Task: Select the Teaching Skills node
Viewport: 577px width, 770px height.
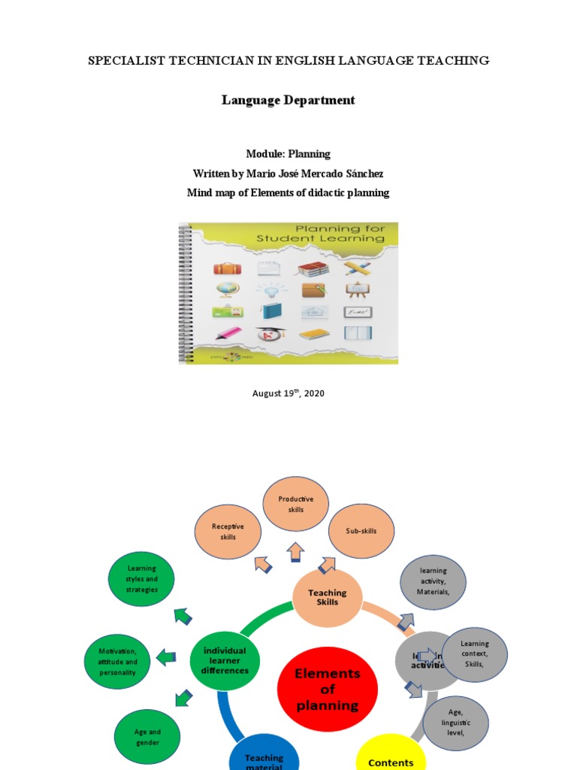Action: click(327, 598)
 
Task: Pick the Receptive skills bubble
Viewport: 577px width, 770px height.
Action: click(228, 532)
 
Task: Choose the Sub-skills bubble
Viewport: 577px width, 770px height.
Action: click(361, 531)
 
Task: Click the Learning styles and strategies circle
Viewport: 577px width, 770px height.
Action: click(142, 579)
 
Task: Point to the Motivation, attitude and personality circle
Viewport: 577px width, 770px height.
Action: click(117, 662)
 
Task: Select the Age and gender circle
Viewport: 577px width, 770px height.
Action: click(148, 737)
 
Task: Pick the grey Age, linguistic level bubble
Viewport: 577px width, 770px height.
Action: click(455, 723)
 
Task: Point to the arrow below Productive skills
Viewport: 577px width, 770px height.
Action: click(295, 551)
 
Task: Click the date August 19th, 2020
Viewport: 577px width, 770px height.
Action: click(288, 393)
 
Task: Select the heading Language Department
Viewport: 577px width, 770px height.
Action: click(288, 100)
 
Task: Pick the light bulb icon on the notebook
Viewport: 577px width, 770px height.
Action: click(268, 290)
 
